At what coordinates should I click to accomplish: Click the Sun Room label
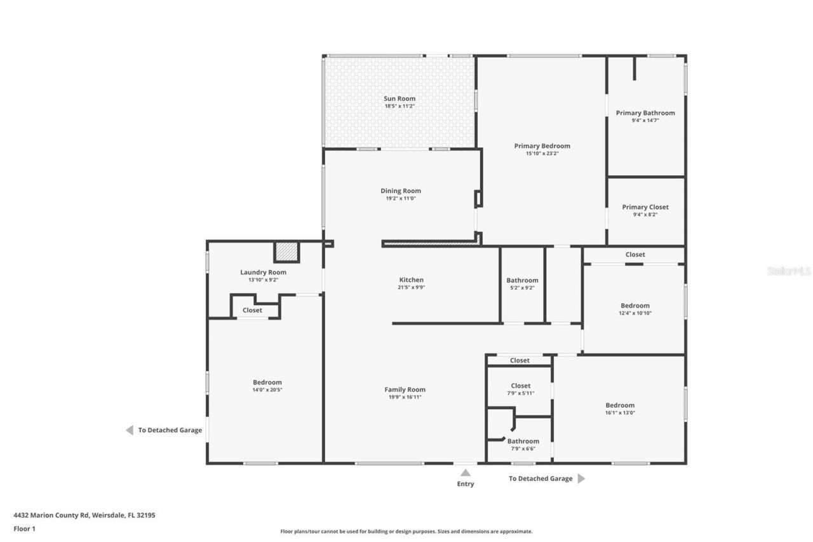pyautogui.click(x=400, y=98)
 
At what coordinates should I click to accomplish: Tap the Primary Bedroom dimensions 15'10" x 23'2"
pyautogui.click(x=542, y=153)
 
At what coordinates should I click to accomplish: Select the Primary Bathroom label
pyautogui.click(x=645, y=113)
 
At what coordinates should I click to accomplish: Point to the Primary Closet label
pyautogui.click(x=645, y=207)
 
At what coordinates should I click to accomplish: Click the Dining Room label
pyautogui.click(x=401, y=191)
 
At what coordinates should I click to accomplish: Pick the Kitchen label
pyautogui.click(x=411, y=280)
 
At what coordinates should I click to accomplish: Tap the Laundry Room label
pyautogui.click(x=263, y=272)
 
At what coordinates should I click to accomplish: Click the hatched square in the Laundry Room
pyautogui.click(x=286, y=252)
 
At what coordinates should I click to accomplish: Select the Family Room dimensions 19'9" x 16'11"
pyautogui.click(x=405, y=397)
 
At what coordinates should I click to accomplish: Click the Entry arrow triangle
pyautogui.click(x=465, y=472)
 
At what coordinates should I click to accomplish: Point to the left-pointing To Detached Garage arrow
pyautogui.click(x=130, y=430)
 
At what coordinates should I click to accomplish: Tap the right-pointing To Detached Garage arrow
pyautogui.click(x=581, y=478)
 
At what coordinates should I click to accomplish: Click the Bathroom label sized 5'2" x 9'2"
pyautogui.click(x=522, y=280)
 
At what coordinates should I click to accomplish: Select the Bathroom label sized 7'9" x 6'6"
pyautogui.click(x=523, y=441)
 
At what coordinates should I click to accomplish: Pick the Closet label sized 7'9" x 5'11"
pyautogui.click(x=520, y=386)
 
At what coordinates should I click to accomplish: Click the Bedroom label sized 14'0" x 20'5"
pyautogui.click(x=267, y=383)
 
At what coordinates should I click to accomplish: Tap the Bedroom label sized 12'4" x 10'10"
pyautogui.click(x=635, y=306)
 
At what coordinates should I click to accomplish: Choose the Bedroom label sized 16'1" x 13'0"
pyautogui.click(x=620, y=405)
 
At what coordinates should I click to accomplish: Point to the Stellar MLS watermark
pyautogui.click(x=789, y=271)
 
